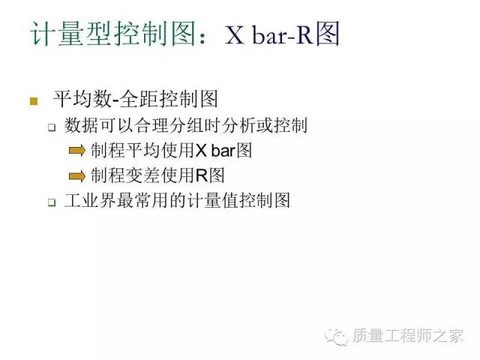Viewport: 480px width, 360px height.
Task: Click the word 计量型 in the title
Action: coord(71,34)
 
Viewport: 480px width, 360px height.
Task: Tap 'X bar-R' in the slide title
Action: coord(268,34)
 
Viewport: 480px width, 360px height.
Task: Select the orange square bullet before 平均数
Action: coord(34,101)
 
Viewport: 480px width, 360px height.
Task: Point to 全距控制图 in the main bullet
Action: coord(169,99)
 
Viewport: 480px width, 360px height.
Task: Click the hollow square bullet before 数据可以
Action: coord(52,127)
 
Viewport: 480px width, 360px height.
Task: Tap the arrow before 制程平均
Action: coord(77,150)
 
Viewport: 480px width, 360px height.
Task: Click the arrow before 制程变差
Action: coord(77,176)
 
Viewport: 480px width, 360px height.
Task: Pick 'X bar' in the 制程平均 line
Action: coord(215,151)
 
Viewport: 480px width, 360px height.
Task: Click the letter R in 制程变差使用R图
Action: coord(202,175)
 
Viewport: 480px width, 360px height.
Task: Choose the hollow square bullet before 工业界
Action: coord(52,202)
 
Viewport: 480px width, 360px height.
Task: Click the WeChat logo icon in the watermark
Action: coord(336,337)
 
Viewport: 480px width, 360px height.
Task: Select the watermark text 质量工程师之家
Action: coord(408,335)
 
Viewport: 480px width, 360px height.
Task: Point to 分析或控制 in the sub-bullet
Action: coord(265,125)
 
